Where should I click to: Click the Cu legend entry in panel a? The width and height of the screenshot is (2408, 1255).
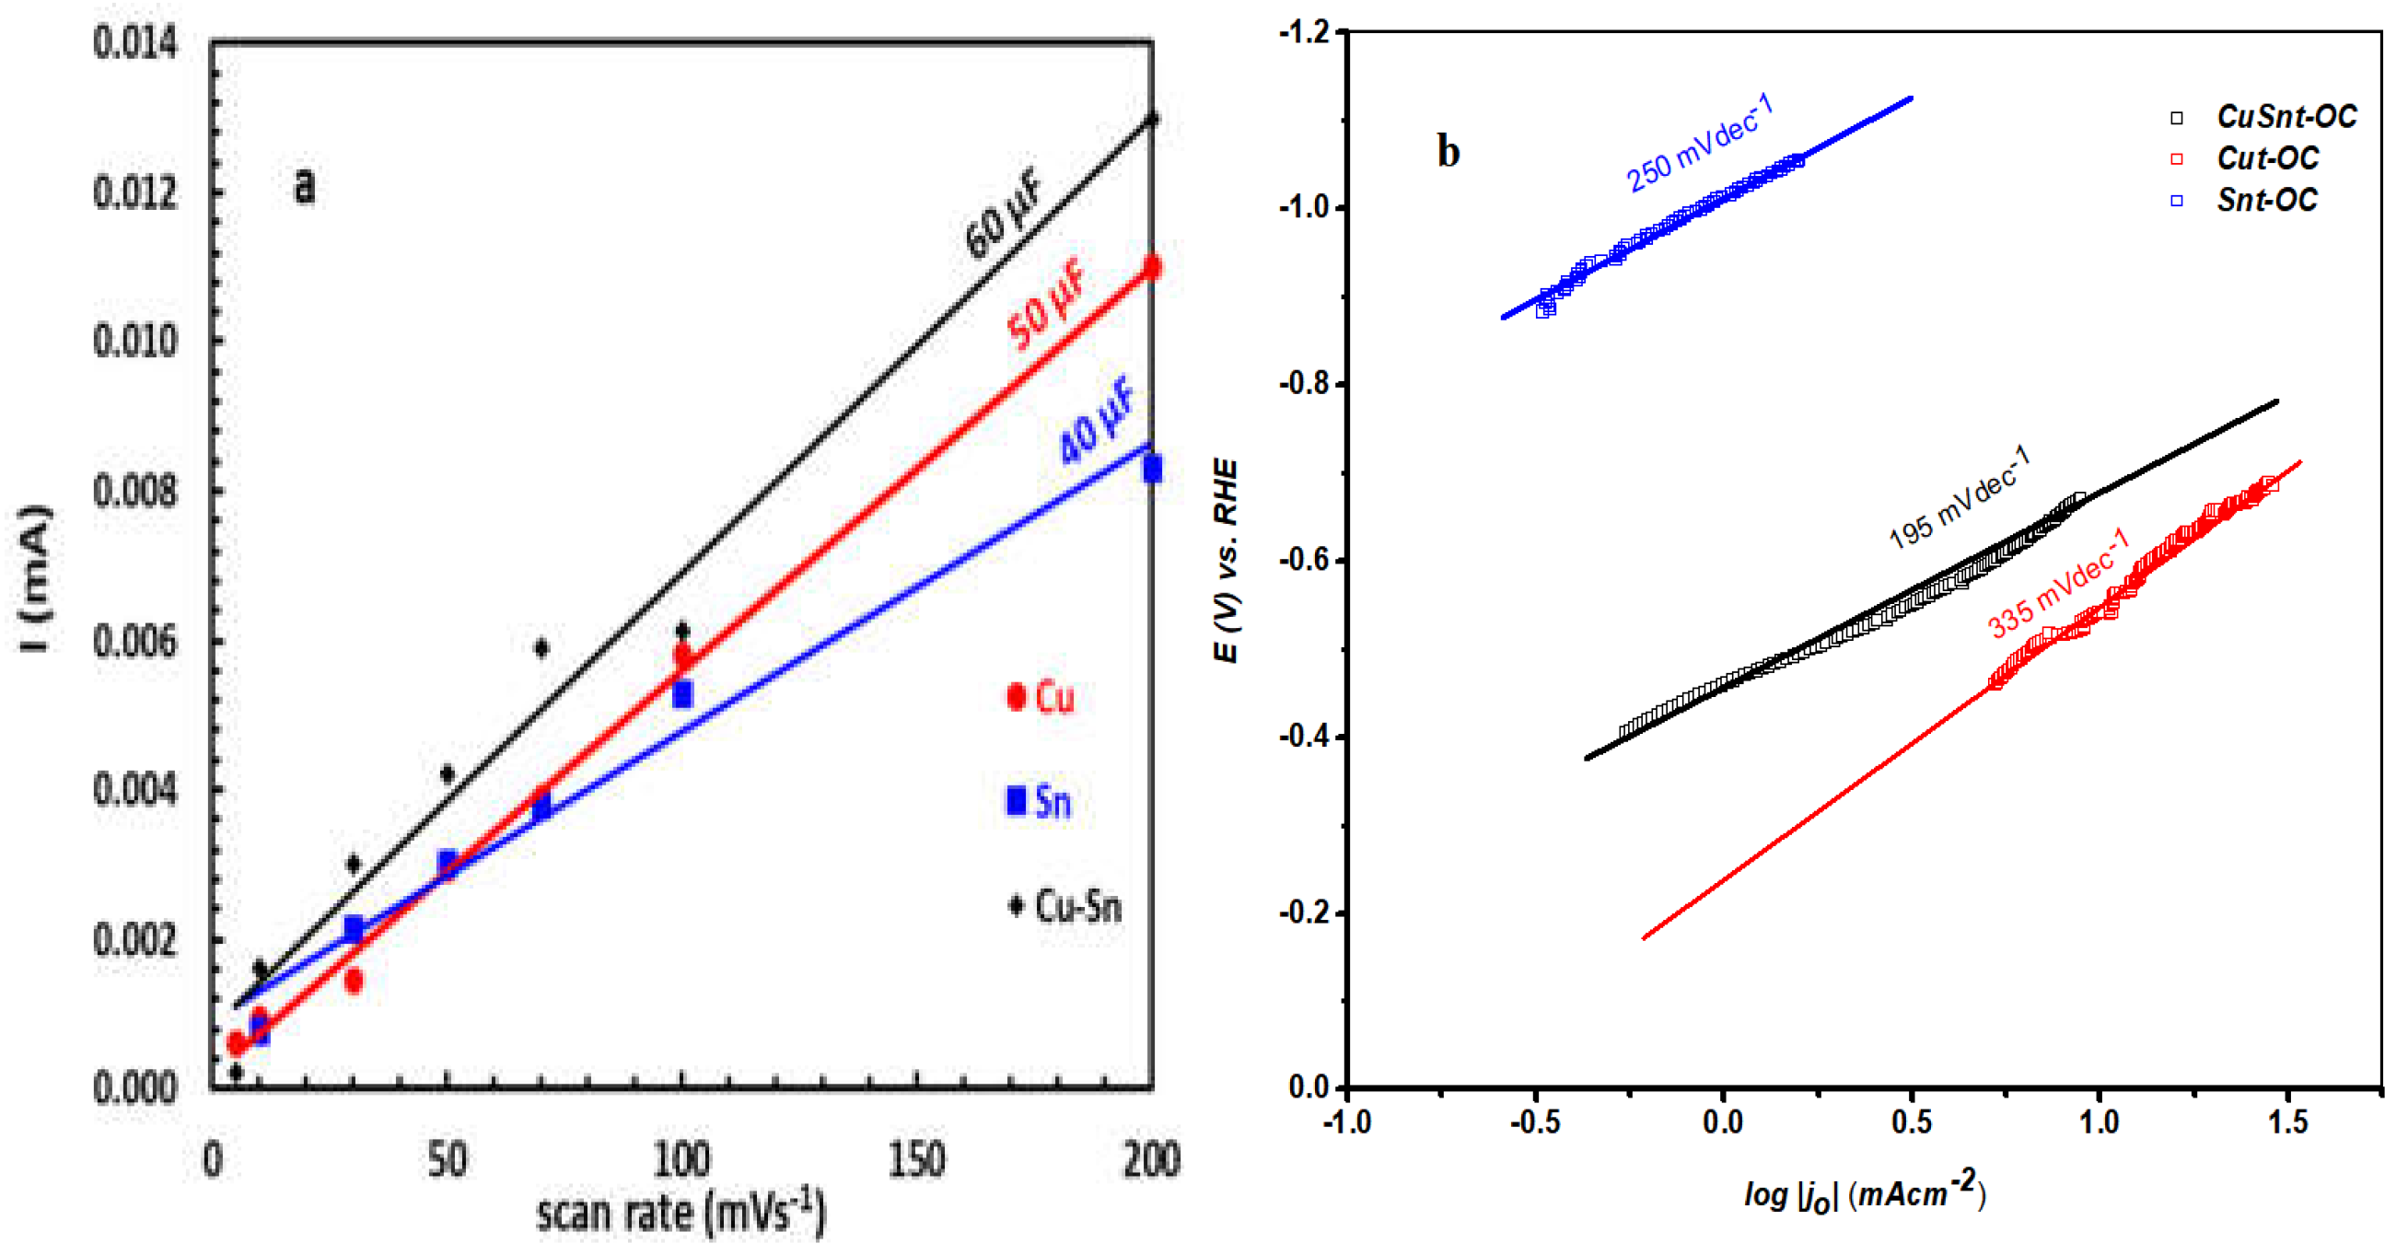(1042, 697)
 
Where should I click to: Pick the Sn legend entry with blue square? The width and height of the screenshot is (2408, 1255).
(1040, 801)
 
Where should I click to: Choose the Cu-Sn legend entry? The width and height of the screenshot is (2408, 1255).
(1065, 905)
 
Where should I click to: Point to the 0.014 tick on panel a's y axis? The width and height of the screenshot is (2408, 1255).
(134, 43)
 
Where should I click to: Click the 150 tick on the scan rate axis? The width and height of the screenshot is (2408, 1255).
(916, 1158)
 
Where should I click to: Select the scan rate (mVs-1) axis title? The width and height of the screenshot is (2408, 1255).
(681, 1213)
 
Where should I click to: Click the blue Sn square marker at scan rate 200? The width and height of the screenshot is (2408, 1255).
(1152, 468)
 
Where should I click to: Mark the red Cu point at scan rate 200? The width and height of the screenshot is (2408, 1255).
(1152, 267)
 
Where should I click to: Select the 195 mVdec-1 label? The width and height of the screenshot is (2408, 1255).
(1960, 497)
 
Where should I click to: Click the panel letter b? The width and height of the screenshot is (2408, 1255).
(1448, 151)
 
